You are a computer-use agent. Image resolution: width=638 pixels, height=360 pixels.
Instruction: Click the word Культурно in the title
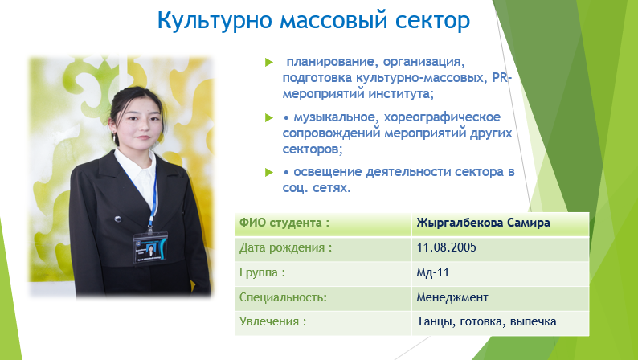pos(214,20)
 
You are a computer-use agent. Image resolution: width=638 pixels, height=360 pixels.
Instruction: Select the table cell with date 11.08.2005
pos(500,248)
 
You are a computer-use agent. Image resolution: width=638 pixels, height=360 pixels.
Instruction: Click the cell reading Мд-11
pos(500,273)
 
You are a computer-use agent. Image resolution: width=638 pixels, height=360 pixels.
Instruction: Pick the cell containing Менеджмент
pos(500,298)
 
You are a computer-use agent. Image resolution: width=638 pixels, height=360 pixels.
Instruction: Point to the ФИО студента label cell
pos(323,223)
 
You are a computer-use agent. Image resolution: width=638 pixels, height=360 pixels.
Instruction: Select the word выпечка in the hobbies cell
pos(533,321)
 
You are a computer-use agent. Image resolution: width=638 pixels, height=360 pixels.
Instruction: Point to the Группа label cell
pos(323,273)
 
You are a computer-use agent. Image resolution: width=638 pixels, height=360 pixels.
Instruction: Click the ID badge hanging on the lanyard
pos(150,247)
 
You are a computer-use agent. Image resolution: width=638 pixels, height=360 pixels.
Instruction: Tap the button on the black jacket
pos(118,219)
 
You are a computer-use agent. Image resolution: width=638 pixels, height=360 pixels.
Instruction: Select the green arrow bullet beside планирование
pos(268,62)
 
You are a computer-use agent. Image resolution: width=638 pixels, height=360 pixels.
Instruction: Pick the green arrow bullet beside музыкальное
pos(268,117)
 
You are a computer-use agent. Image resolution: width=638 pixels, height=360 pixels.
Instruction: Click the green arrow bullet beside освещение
pos(268,172)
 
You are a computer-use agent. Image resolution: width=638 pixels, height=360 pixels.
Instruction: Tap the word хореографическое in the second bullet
pos(442,117)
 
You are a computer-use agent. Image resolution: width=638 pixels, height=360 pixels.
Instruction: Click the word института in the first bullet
pos(401,94)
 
